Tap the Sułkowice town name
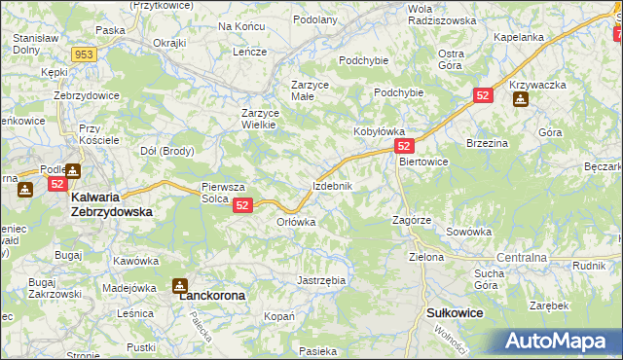point(455,313)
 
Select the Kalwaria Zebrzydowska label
point(111,203)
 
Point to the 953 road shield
point(84,54)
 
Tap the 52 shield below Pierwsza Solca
point(243,205)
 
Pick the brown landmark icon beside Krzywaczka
point(521,100)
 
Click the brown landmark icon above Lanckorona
point(180,285)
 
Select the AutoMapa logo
point(558,342)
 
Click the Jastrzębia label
point(320,280)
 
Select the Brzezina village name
point(488,142)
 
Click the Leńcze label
point(249,52)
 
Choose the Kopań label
point(279,317)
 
